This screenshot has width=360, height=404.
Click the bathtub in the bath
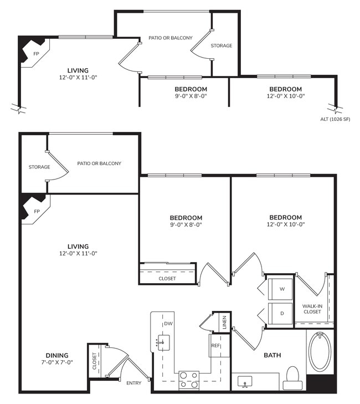point(320,351)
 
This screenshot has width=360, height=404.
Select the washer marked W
point(281,289)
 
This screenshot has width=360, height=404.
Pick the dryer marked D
point(281,314)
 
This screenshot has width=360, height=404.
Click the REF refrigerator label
point(215,346)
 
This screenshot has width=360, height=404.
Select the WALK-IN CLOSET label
point(312,309)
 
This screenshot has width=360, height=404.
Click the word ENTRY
point(134,382)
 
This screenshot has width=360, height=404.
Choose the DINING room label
point(57,355)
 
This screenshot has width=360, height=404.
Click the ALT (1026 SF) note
point(336,119)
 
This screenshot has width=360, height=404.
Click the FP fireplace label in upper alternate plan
point(37,54)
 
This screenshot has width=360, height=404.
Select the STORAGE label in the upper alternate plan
point(221,45)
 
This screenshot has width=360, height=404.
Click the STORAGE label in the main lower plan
point(39,167)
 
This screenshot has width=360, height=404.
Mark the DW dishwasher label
point(167,324)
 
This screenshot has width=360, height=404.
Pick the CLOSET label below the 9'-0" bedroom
point(167,278)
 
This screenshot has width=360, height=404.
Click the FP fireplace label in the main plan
point(37,211)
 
